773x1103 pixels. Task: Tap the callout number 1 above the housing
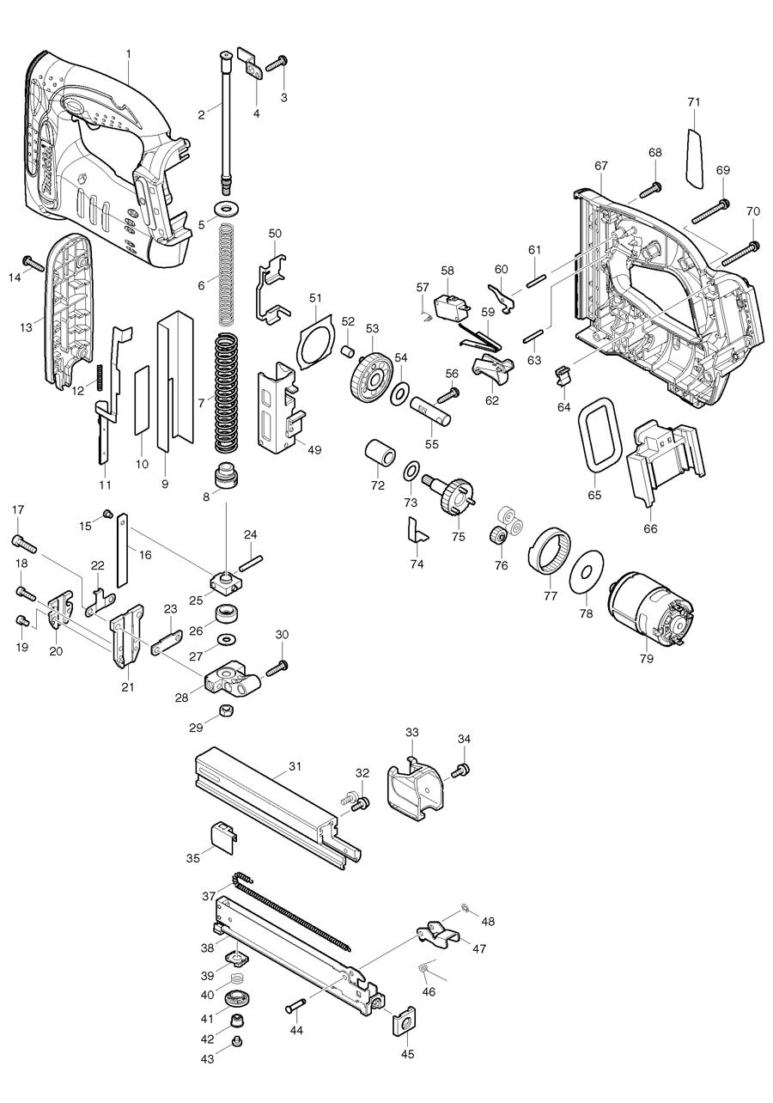coord(128,53)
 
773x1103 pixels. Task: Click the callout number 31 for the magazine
coord(295,765)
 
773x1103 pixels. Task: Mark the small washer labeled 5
coord(229,210)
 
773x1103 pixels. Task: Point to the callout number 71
coord(694,101)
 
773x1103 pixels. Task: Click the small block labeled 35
coord(223,836)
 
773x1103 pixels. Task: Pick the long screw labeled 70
coord(741,252)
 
